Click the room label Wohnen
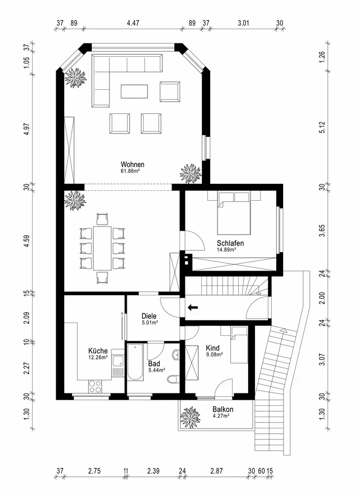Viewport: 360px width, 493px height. [x=132, y=165]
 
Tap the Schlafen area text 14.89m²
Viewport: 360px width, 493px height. [x=226, y=250]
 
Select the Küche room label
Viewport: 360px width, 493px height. [x=98, y=351]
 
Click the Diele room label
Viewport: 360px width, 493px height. [x=149, y=316]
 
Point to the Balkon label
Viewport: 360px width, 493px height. [x=223, y=409]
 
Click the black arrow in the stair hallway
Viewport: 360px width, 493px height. [x=193, y=307]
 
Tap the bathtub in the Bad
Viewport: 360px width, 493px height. [x=135, y=362]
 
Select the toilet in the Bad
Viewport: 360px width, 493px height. [x=173, y=380]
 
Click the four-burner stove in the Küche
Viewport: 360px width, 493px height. [x=95, y=387]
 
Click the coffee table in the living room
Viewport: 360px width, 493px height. [x=134, y=92]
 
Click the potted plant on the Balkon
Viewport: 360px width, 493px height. [x=190, y=417]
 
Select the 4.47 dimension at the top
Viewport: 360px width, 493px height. [x=133, y=23]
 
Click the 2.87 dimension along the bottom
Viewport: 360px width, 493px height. [x=216, y=471]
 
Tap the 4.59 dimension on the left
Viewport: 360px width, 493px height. [x=27, y=239]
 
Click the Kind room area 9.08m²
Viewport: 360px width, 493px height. [x=215, y=354]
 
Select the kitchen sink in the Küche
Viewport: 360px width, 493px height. [x=118, y=363]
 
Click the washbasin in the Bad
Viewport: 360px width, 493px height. [x=176, y=355]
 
